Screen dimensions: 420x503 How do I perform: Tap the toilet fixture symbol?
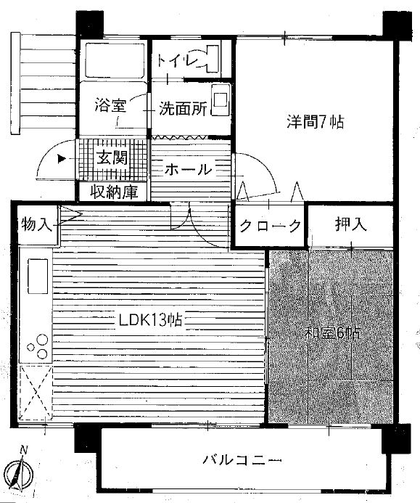210,59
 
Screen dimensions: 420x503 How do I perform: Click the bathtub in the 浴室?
115,60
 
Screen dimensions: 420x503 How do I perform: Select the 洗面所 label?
183,108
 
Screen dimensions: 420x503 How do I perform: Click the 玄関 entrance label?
112,158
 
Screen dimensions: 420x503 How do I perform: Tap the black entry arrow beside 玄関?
62,158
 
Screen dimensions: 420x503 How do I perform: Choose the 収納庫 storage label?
114,192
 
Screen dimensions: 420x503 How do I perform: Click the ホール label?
188,168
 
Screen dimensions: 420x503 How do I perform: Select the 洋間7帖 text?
315,122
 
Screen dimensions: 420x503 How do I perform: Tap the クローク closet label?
271,226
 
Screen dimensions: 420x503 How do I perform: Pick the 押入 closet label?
350,224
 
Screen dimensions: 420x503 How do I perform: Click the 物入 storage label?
36,224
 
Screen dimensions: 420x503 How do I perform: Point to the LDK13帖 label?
150,320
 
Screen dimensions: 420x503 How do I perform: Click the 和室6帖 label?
332,333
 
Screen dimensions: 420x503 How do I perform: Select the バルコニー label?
242,460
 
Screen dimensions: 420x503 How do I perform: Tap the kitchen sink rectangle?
38,277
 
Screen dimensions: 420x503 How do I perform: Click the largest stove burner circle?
42,340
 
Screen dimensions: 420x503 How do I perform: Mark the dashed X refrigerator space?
36,393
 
